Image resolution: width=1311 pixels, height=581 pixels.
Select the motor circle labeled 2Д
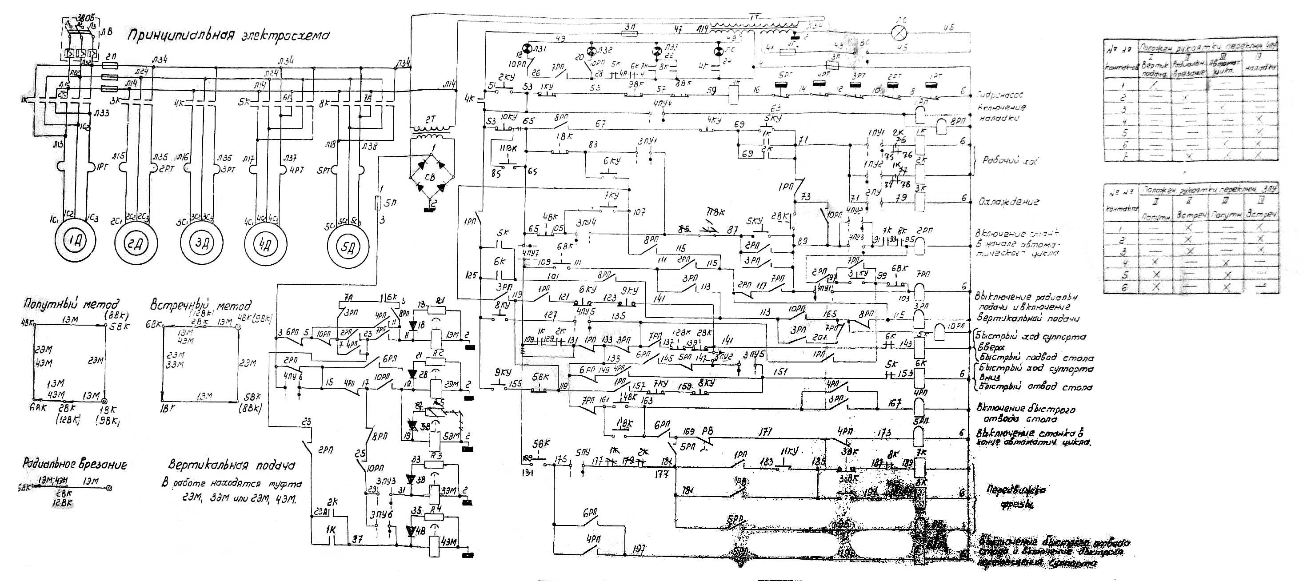[135, 243]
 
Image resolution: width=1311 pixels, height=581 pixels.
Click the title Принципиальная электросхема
[228, 36]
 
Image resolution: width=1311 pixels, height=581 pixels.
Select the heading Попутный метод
[71, 304]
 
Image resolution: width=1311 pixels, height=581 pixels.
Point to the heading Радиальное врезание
[74, 464]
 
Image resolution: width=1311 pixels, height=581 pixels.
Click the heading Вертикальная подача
[232, 466]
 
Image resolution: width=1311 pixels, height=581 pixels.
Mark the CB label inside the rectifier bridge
[430, 178]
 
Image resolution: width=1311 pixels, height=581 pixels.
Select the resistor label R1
[442, 300]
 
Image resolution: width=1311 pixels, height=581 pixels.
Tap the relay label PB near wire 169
[707, 431]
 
